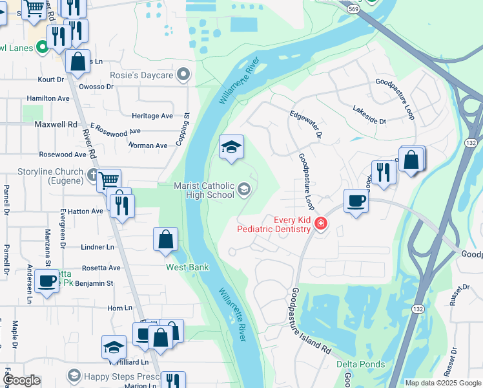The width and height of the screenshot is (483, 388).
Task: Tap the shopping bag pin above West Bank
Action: click(x=166, y=239)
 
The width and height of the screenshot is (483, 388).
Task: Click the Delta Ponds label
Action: click(x=360, y=364)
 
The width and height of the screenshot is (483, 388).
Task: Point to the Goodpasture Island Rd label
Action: click(x=311, y=321)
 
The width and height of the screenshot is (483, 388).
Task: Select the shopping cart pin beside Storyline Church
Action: click(x=110, y=180)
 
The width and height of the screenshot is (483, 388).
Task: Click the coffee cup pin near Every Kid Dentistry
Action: click(x=356, y=201)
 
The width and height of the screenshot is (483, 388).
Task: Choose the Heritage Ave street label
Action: click(x=152, y=116)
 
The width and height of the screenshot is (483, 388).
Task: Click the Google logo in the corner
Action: click(x=21, y=381)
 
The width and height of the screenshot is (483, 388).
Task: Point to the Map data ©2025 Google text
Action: click(x=442, y=383)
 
